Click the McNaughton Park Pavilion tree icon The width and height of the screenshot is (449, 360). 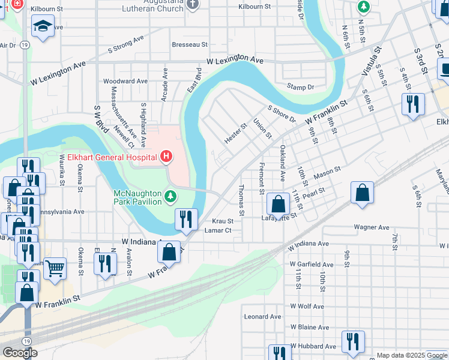171,196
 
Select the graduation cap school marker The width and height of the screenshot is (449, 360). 43,26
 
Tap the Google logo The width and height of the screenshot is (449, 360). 20,353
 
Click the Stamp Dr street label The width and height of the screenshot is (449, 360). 301,87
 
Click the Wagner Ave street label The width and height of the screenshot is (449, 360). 372,227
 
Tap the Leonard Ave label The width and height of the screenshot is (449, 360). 262,316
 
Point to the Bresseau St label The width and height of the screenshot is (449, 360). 190,44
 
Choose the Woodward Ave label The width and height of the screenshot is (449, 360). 125,81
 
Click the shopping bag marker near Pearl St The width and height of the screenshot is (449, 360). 362,193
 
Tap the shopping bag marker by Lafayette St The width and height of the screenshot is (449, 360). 278,204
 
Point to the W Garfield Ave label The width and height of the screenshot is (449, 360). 312,265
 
